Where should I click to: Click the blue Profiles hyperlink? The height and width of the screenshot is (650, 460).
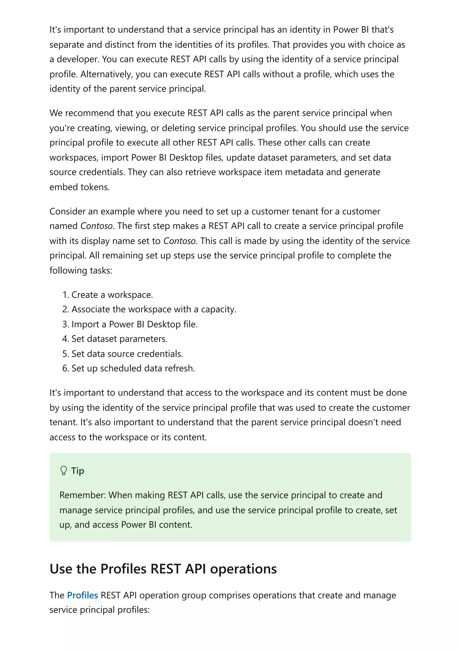(82, 595)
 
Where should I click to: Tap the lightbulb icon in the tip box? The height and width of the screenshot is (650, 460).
(64, 471)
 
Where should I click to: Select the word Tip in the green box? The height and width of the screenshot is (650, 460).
(77, 471)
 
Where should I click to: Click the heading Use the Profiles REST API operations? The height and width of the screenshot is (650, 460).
(163, 569)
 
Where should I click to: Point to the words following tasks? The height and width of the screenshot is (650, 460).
(81, 270)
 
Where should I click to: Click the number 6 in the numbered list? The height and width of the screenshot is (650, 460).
(65, 368)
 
